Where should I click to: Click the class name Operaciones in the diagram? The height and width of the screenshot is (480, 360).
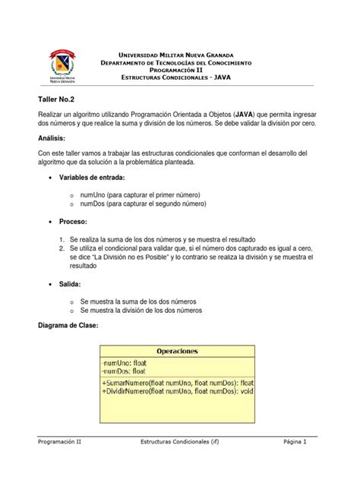pos(177,351)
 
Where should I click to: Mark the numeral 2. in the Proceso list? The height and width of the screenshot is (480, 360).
pos(62,248)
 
